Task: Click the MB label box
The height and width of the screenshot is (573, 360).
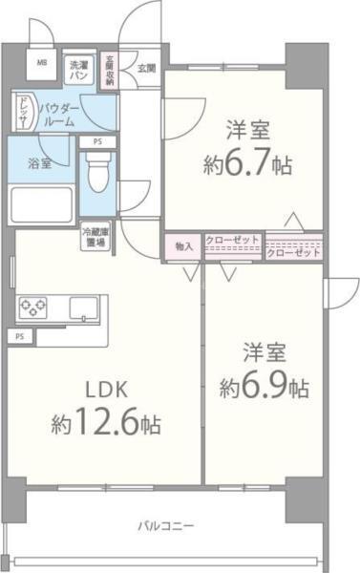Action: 41,64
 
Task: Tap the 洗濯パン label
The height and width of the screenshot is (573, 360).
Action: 79,70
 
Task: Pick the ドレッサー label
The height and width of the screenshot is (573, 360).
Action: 24,114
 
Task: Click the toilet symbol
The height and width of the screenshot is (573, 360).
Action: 97,173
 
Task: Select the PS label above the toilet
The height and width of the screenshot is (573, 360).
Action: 97,142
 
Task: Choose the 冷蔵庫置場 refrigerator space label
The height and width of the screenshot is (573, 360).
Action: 94,235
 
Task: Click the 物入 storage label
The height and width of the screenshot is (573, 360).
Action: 183,246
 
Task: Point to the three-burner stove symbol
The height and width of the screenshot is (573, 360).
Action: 32,308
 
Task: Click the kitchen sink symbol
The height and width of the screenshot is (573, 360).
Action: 81,308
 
